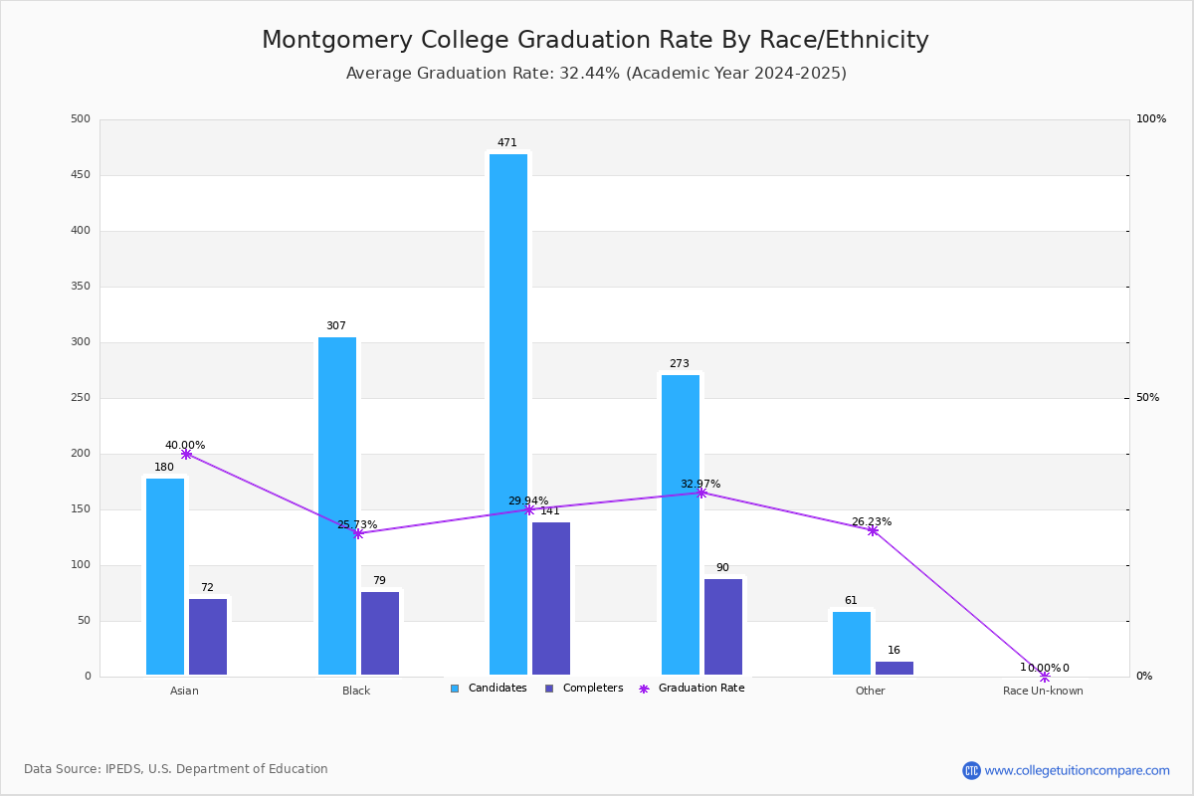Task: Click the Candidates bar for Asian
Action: (165, 576)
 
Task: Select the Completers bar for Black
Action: (380, 633)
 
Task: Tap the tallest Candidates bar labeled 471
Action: (508, 414)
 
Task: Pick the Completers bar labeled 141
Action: (551, 598)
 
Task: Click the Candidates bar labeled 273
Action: (681, 524)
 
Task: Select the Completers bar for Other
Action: (895, 668)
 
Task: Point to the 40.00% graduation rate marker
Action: (186, 454)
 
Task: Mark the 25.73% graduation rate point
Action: (358, 533)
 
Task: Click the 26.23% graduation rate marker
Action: (873, 530)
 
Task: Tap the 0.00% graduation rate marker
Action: (1045, 677)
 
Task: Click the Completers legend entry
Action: (592, 689)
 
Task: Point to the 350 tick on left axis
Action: (81, 287)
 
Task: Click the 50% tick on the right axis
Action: (1147, 398)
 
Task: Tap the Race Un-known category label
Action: (1043, 691)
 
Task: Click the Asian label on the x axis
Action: (184, 691)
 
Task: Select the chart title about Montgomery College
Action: (595, 41)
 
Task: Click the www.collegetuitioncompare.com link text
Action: (1077, 770)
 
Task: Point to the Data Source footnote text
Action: (176, 769)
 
